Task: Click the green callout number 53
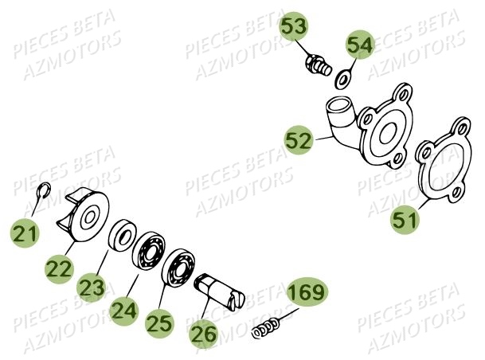click(x=294, y=26)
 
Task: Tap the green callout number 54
click(x=359, y=45)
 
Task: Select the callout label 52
click(x=299, y=140)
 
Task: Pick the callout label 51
click(x=405, y=219)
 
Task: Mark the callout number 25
click(x=159, y=323)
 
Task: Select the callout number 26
click(x=204, y=335)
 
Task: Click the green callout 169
click(x=307, y=292)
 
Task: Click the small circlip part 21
click(x=43, y=191)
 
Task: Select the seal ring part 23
click(x=123, y=234)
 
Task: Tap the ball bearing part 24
click(x=149, y=251)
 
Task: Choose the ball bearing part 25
click(x=178, y=268)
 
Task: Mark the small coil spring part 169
click(x=266, y=327)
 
